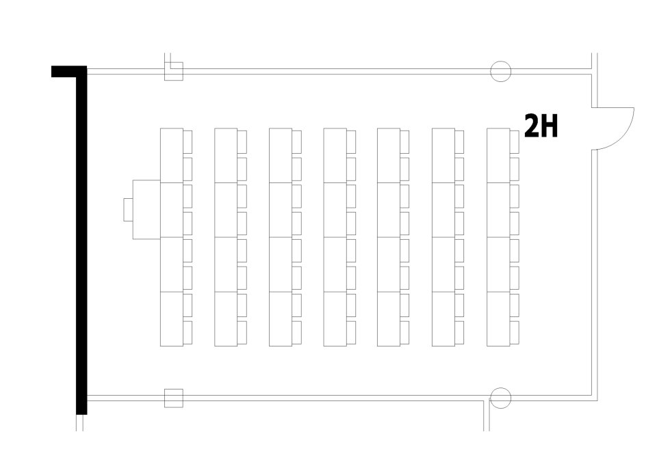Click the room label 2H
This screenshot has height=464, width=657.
[x=541, y=126]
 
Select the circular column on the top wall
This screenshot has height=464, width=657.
[x=501, y=71]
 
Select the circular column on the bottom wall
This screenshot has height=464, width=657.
[x=501, y=398]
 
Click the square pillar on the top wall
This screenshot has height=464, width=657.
[x=173, y=71]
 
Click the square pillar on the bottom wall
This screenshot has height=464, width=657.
[x=173, y=398]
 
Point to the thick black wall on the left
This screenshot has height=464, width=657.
[x=81, y=240]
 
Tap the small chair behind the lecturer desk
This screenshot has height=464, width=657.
[x=128, y=210]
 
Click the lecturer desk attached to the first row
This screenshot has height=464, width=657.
[x=146, y=210]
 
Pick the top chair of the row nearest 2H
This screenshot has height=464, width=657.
[x=515, y=141]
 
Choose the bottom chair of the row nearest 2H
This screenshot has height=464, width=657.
[x=515, y=332]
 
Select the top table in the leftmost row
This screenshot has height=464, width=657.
[x=172, y=155]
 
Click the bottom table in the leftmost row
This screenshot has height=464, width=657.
[x=172, y=319]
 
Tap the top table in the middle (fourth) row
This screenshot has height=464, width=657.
[x=335, y=155]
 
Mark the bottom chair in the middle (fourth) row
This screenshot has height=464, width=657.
[x=351, y=332]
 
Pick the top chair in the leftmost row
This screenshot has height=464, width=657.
[x=188, y=141]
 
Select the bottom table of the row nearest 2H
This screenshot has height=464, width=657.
[x=499, y=319]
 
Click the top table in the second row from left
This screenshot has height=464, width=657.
[x=226, y=155]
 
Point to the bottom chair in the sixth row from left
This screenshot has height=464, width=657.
[x=460, y=332]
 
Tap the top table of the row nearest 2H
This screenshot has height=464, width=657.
[x=499, y=155]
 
